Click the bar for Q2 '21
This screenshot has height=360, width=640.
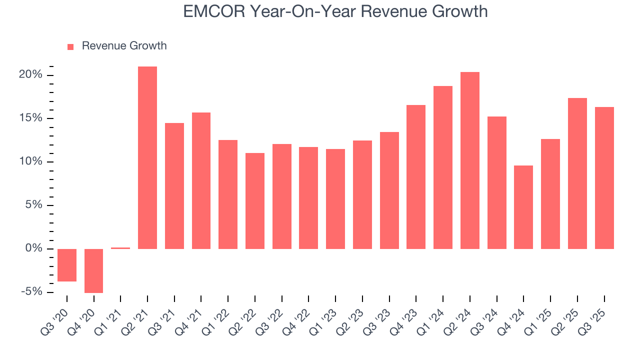point(147,157)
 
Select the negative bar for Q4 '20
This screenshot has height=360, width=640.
point(94,270)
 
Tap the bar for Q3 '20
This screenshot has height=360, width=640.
point(67,265)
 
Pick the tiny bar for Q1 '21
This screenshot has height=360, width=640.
point(120,248)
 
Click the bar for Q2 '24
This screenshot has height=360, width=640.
point(470,160)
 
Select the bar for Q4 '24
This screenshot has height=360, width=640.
point(523,207)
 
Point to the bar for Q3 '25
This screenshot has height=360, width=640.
point(604,178)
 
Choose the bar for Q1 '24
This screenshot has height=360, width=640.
point(443,167)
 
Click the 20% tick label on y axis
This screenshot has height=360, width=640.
point(31,75)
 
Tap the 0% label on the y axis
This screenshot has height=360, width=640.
point(34,248)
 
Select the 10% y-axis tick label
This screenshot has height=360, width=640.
point(31,161)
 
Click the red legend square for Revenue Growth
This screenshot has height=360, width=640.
point(70,46)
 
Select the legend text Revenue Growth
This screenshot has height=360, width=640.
point(124,46)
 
